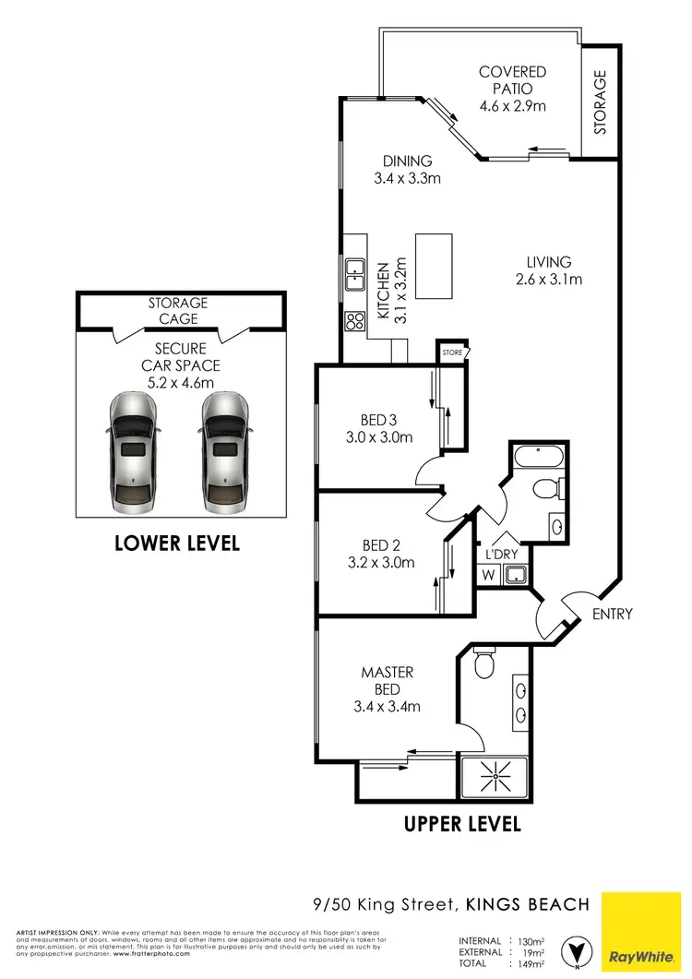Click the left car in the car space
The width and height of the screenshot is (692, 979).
coord(133,452)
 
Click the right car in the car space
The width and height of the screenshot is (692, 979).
coord(224,452)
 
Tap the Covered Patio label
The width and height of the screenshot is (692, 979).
coord(512,89)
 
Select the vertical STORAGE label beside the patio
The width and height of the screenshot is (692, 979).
coord(600,102)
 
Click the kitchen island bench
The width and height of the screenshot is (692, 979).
coord(435,266)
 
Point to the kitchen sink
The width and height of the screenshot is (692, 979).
coord(354,275)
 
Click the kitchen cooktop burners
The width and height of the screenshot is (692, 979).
coord(354,321)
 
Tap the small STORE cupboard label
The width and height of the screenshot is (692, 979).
coord(452,352)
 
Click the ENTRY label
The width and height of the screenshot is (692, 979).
coord(613,614)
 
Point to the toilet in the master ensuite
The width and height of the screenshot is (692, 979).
coord(483,661)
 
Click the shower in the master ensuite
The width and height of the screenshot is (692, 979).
coord(495,777)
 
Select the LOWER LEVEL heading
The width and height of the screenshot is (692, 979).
coord(177,543)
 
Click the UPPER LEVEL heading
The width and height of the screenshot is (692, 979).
coord(462,823)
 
